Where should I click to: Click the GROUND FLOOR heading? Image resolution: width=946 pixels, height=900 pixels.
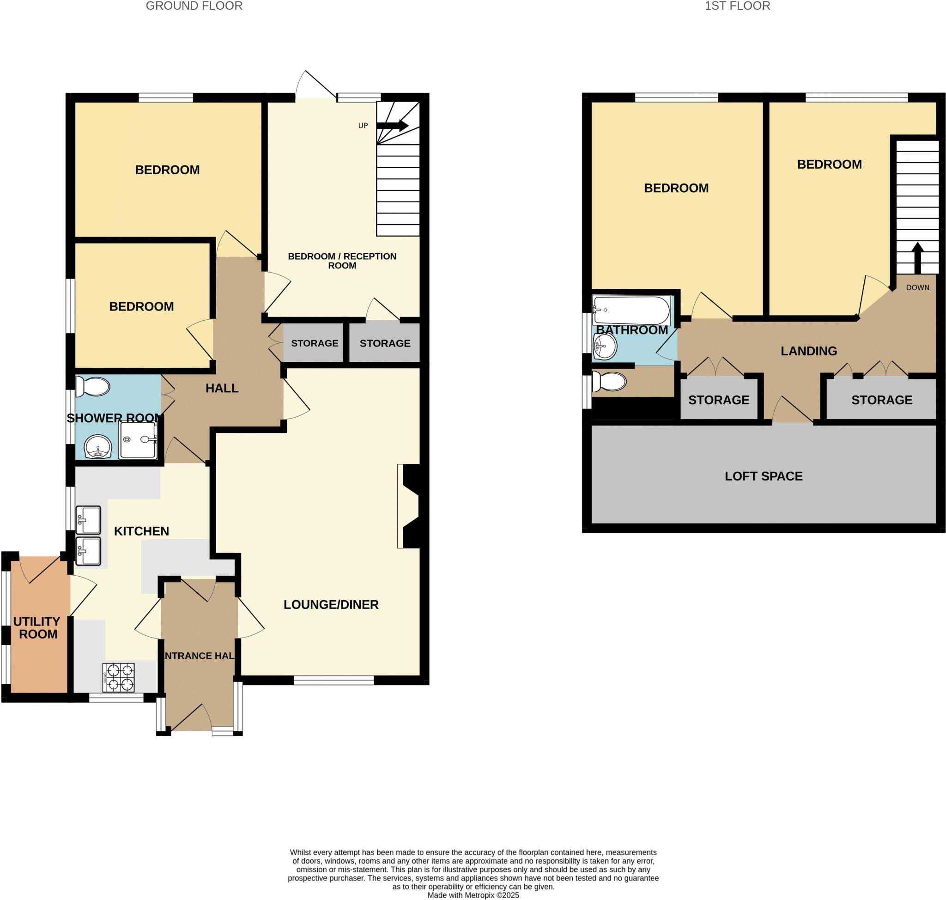pos(194,6)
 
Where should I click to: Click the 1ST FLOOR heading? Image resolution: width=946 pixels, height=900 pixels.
pos(737,6)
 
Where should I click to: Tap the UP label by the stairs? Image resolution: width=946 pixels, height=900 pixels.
pos(363,126)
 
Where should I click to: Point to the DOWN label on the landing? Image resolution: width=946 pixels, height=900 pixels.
pos(917,287)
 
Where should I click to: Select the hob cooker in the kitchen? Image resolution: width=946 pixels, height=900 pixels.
pos(118,677)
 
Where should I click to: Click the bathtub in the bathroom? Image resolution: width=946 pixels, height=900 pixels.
pos(631,310)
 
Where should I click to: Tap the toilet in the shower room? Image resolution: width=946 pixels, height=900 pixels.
pos(93,386)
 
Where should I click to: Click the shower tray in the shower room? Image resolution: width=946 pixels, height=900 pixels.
pos(138,439)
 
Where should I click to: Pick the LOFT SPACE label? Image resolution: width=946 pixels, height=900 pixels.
pos(763,476)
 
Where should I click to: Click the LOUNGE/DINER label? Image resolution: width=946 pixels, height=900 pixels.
pos(331,604)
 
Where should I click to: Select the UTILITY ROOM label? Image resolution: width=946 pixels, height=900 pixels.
pos(37,627)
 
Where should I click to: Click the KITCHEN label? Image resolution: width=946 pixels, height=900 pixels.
pos(141,531)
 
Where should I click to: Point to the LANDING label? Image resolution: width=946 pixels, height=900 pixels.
pos(808,351)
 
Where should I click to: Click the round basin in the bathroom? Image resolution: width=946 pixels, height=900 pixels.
pos(605,347)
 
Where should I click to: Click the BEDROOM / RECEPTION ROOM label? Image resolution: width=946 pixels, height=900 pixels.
pos(342,261)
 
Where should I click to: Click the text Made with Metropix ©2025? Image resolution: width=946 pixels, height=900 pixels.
pos(473,895)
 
